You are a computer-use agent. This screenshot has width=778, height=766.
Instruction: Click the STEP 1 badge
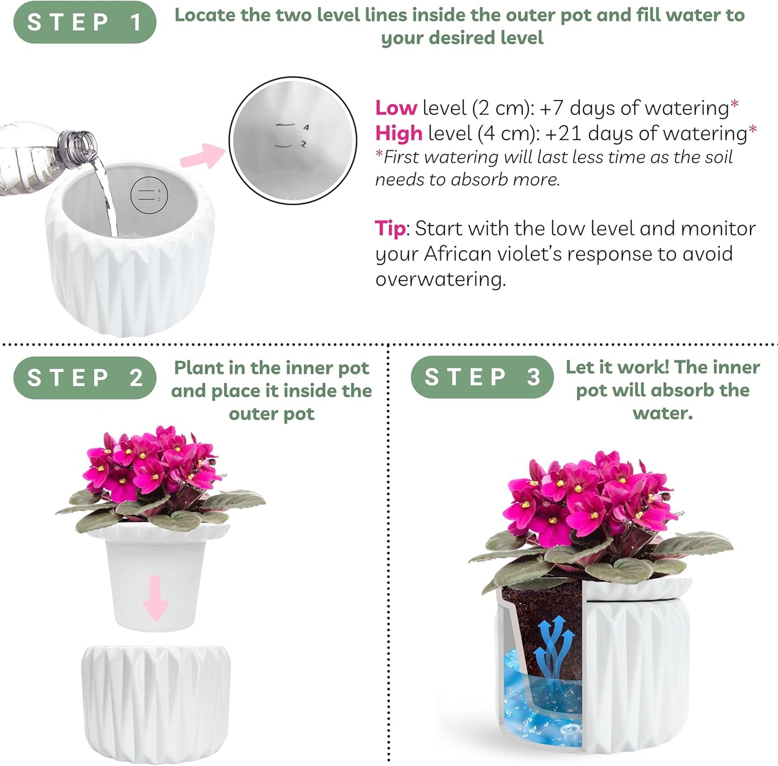click(85, 22)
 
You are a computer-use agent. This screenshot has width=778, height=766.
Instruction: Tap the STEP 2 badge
click(85, 378)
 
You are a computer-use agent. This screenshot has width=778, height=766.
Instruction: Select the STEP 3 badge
click(482, 377)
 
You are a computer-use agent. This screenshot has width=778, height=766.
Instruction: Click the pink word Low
click(396, 108)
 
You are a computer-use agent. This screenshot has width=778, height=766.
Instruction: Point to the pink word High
click(398, 133)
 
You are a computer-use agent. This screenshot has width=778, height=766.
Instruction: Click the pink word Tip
click(390, 229)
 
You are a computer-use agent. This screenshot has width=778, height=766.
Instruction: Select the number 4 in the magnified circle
click(306, 128)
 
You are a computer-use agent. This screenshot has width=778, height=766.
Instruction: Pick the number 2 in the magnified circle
click(304, 144)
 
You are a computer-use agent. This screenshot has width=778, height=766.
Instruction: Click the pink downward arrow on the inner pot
click(156, 598)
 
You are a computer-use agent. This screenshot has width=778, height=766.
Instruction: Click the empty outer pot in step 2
click(156, 700)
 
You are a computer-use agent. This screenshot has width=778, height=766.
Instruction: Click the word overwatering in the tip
click(440, 279)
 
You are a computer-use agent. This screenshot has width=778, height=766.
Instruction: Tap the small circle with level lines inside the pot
click(150, 195)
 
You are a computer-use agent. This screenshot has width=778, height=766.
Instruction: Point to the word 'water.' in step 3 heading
click(662, 413)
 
